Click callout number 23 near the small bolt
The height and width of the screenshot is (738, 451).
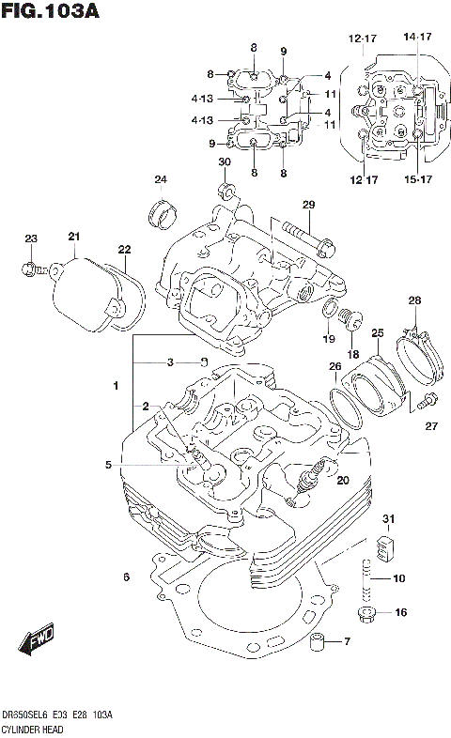tap(30, 238)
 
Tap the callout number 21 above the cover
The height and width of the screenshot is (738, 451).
tap(74, 236)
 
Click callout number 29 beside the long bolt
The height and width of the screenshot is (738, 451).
tap(307, 206)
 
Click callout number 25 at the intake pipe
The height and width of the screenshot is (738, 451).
tap(377, 332)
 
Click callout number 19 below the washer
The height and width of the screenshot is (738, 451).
tap(328, 338)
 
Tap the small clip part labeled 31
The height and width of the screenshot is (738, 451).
tap(383, 544)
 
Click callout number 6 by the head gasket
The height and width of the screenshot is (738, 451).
tap(126, 576)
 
